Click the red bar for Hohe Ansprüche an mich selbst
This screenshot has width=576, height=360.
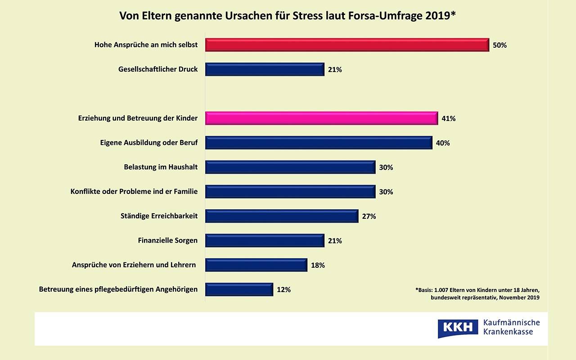point(347,45)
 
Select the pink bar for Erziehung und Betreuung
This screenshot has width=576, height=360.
point(321,118)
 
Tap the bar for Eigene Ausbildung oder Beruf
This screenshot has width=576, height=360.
point(319,143)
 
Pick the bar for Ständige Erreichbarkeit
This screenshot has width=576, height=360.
point(282,216)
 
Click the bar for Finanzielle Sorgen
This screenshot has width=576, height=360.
point(265,241)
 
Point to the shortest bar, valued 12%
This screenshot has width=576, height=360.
point(239,289)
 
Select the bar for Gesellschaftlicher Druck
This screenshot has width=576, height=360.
point(265,69)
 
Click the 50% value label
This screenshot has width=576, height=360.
point(499,45)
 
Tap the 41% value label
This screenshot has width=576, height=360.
point(449,119)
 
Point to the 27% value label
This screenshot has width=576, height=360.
point(369,216)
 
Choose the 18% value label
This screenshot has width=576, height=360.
point(318,265)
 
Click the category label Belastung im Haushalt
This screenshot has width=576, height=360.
point(161,167)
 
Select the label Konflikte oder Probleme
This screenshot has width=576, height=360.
point(134,192)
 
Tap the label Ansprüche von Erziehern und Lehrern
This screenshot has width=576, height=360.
point(134,265)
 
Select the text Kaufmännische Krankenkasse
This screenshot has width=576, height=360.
point(511,327)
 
